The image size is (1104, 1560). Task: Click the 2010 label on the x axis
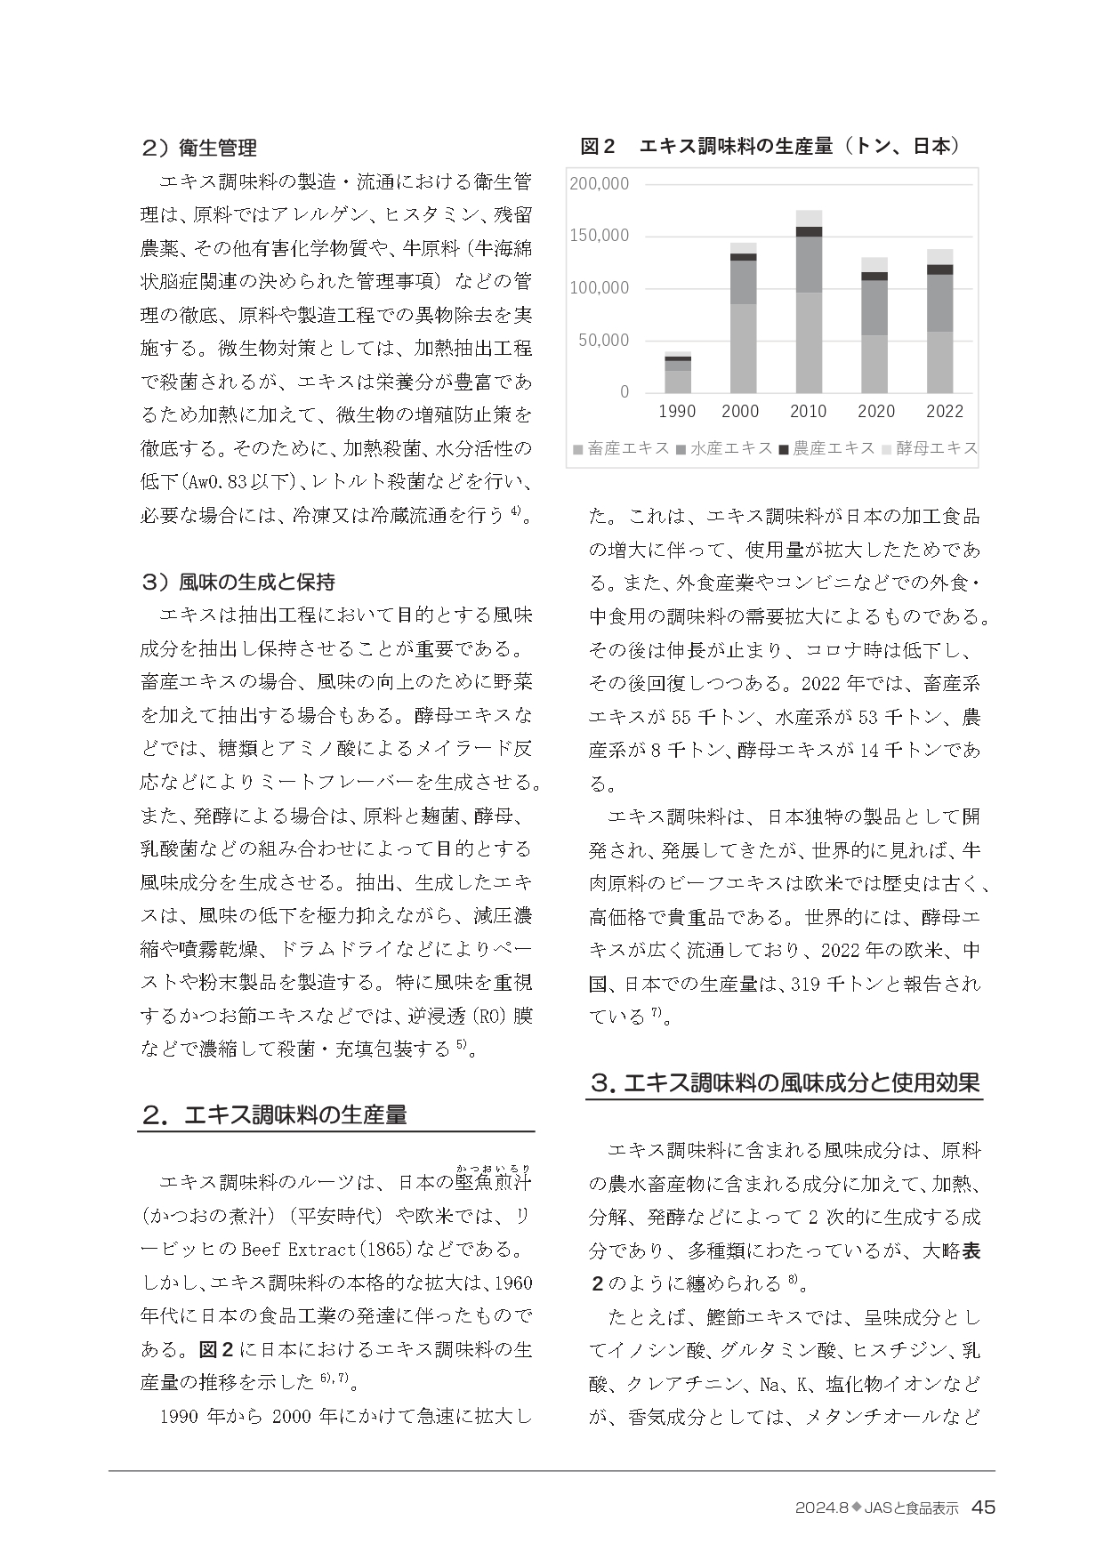(808, 411)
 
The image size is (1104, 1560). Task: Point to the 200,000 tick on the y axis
(599, 184)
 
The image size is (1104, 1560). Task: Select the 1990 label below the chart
(677, 411)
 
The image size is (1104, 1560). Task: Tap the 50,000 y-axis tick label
(603, 341)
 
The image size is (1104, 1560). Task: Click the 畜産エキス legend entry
(622, 448)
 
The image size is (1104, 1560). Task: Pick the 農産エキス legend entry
(827, 448)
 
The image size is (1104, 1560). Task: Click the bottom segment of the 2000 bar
(743, 348)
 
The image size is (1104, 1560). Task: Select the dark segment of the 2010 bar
(809, 231)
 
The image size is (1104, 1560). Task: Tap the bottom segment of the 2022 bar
(939, 362)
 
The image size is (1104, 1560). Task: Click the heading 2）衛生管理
(199, 148)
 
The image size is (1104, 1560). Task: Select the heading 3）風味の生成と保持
(238, 582)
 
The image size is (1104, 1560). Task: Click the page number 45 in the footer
(983, 1507)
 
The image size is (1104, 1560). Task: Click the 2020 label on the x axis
(876, 411)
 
